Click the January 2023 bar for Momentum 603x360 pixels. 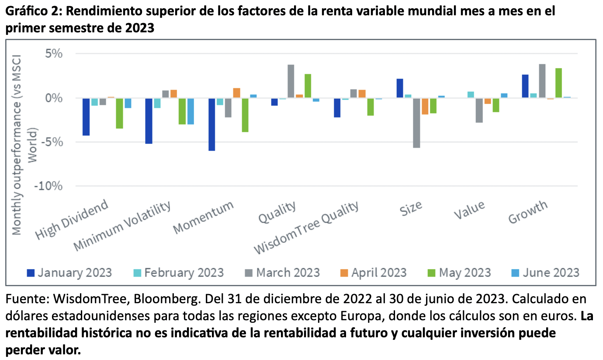(x=212, y=125)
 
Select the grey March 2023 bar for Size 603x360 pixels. (x=416, y=123)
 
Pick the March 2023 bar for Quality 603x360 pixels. (x=291, y=82)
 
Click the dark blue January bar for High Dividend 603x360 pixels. (x=87, y=117)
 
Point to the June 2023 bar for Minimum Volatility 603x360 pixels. (x=191, y=111)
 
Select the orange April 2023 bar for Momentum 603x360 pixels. (x=237, y=93)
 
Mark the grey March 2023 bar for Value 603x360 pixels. (x=479, y=111)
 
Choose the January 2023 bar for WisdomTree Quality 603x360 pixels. (x=337, y=108)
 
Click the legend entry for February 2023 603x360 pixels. (x=179, y=273)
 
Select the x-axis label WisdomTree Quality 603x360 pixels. (x=307, y=228)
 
